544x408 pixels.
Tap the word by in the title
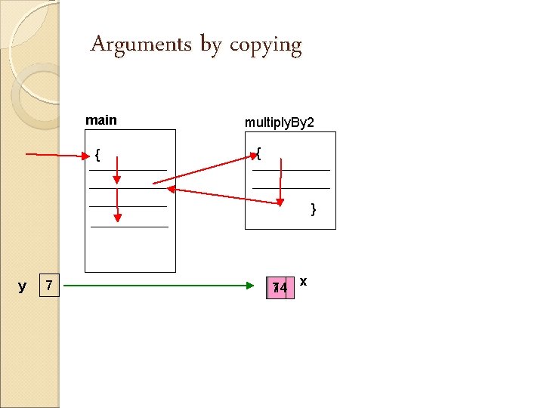click(211, 46)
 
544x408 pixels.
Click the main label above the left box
click(101, 120)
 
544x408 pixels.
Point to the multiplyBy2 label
click(279, 122)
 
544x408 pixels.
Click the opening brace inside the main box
click(97, 156)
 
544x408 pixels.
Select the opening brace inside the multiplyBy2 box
click(258, 154)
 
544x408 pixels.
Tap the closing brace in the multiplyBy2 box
click(314, 209)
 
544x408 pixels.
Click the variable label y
click(22, 286)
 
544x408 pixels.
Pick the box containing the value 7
click(49, 286)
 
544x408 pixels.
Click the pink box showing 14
click(280, 287)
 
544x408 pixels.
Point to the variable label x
click(303, 281)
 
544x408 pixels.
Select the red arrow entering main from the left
click(57, 155)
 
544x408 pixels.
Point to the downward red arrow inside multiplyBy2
click(280, 181)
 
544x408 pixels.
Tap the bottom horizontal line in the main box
click(129, 226)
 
